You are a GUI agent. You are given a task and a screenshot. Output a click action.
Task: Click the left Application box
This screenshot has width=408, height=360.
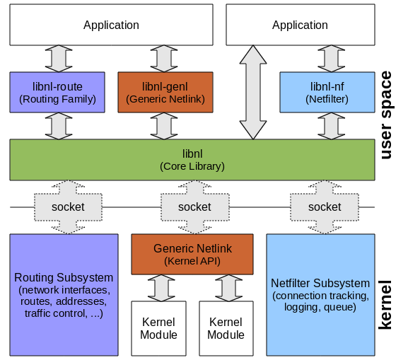(111, 25)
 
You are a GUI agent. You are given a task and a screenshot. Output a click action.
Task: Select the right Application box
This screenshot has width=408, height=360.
(300, 25)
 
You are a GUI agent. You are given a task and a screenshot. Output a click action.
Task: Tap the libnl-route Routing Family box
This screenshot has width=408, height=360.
(58, 93)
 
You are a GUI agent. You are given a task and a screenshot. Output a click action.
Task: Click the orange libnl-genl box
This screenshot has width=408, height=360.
(165, 93)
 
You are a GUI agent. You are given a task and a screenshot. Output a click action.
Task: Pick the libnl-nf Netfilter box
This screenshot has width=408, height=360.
(327, 93)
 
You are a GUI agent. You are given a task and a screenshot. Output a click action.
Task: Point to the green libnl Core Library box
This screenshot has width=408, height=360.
(192, 160)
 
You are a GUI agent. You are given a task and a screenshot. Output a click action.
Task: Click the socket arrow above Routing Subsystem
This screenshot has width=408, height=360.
(68, 207)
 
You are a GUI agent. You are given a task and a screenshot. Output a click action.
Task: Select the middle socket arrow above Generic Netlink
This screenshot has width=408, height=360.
(194, 207)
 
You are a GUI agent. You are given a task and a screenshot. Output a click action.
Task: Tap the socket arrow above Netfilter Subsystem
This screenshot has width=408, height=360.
(325, 207)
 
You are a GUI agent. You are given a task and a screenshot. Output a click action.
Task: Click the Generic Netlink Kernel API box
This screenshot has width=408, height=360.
(192, 255)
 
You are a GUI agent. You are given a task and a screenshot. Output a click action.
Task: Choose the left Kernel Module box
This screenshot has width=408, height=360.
(159, 328)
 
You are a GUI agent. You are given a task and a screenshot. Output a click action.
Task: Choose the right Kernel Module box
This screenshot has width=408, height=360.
(226, 328)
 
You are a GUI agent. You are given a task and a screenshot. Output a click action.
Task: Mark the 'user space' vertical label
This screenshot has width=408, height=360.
(386, 115)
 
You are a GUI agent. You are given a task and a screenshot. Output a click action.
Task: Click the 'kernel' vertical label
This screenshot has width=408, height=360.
(386, 303)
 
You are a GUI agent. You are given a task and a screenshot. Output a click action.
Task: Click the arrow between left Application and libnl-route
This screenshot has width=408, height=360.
(58, 59)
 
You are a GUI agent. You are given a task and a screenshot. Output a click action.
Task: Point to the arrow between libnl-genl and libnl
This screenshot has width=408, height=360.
(165, 126)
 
